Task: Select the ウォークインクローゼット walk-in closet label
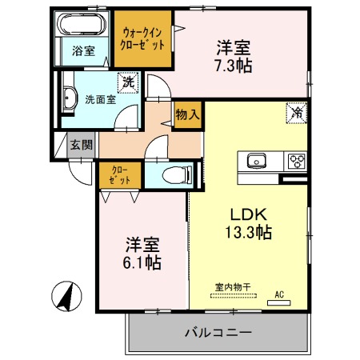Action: coord(142,38)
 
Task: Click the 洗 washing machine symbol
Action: coord(128,82)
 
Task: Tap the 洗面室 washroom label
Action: coord(101,100)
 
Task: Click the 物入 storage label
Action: coord(187,114)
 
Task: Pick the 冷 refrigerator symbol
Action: coord(295,113)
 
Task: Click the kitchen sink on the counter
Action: coord(258,159)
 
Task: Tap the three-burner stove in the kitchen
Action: coord(295,160)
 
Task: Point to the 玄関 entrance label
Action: coord(81,145)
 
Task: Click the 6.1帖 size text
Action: coord(142,262)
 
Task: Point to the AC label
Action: coord(280,294)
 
